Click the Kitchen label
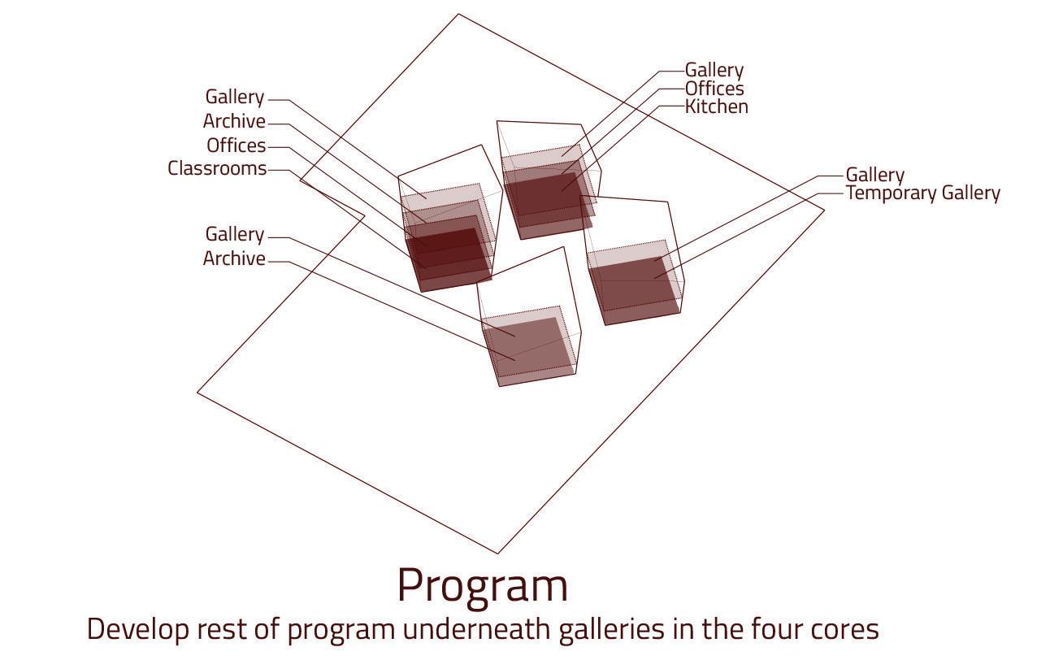(716, 106)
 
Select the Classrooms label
(217, 168)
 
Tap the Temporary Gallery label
(922, 193)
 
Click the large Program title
(482, 585)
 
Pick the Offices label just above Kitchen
(714, 89)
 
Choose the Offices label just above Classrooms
(236, 145)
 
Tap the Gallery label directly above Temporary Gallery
(874, 175)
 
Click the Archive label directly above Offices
(234, 121)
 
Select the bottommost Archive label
(234, 258)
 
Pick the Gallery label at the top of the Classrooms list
(234, 97)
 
